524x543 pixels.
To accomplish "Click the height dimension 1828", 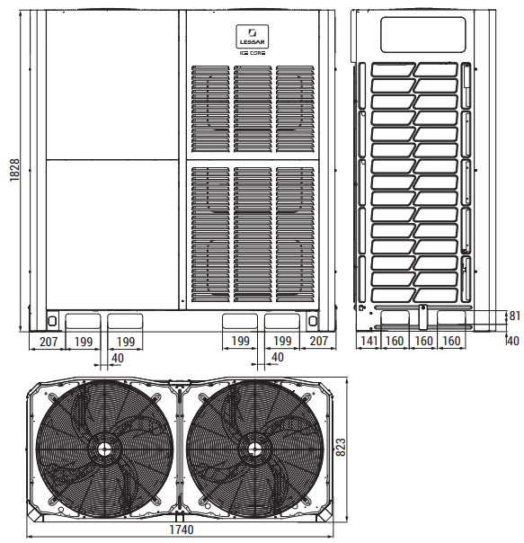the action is (x=14, y=171).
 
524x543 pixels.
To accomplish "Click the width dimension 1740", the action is (x=182, y=530).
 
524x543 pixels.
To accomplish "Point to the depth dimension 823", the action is (x=341, y=447).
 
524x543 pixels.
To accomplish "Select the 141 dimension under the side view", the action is (x=369, y=341).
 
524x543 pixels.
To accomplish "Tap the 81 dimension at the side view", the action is (x=515, y=316).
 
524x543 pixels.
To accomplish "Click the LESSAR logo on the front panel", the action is (x=253, y=36).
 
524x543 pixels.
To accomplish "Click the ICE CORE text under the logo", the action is (x=253, y=53).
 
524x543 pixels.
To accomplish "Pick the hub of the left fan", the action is (x=103, y=450).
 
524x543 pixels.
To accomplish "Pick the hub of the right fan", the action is (x=254, y=450).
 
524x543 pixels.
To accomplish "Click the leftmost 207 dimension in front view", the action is (x=49, y=342).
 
